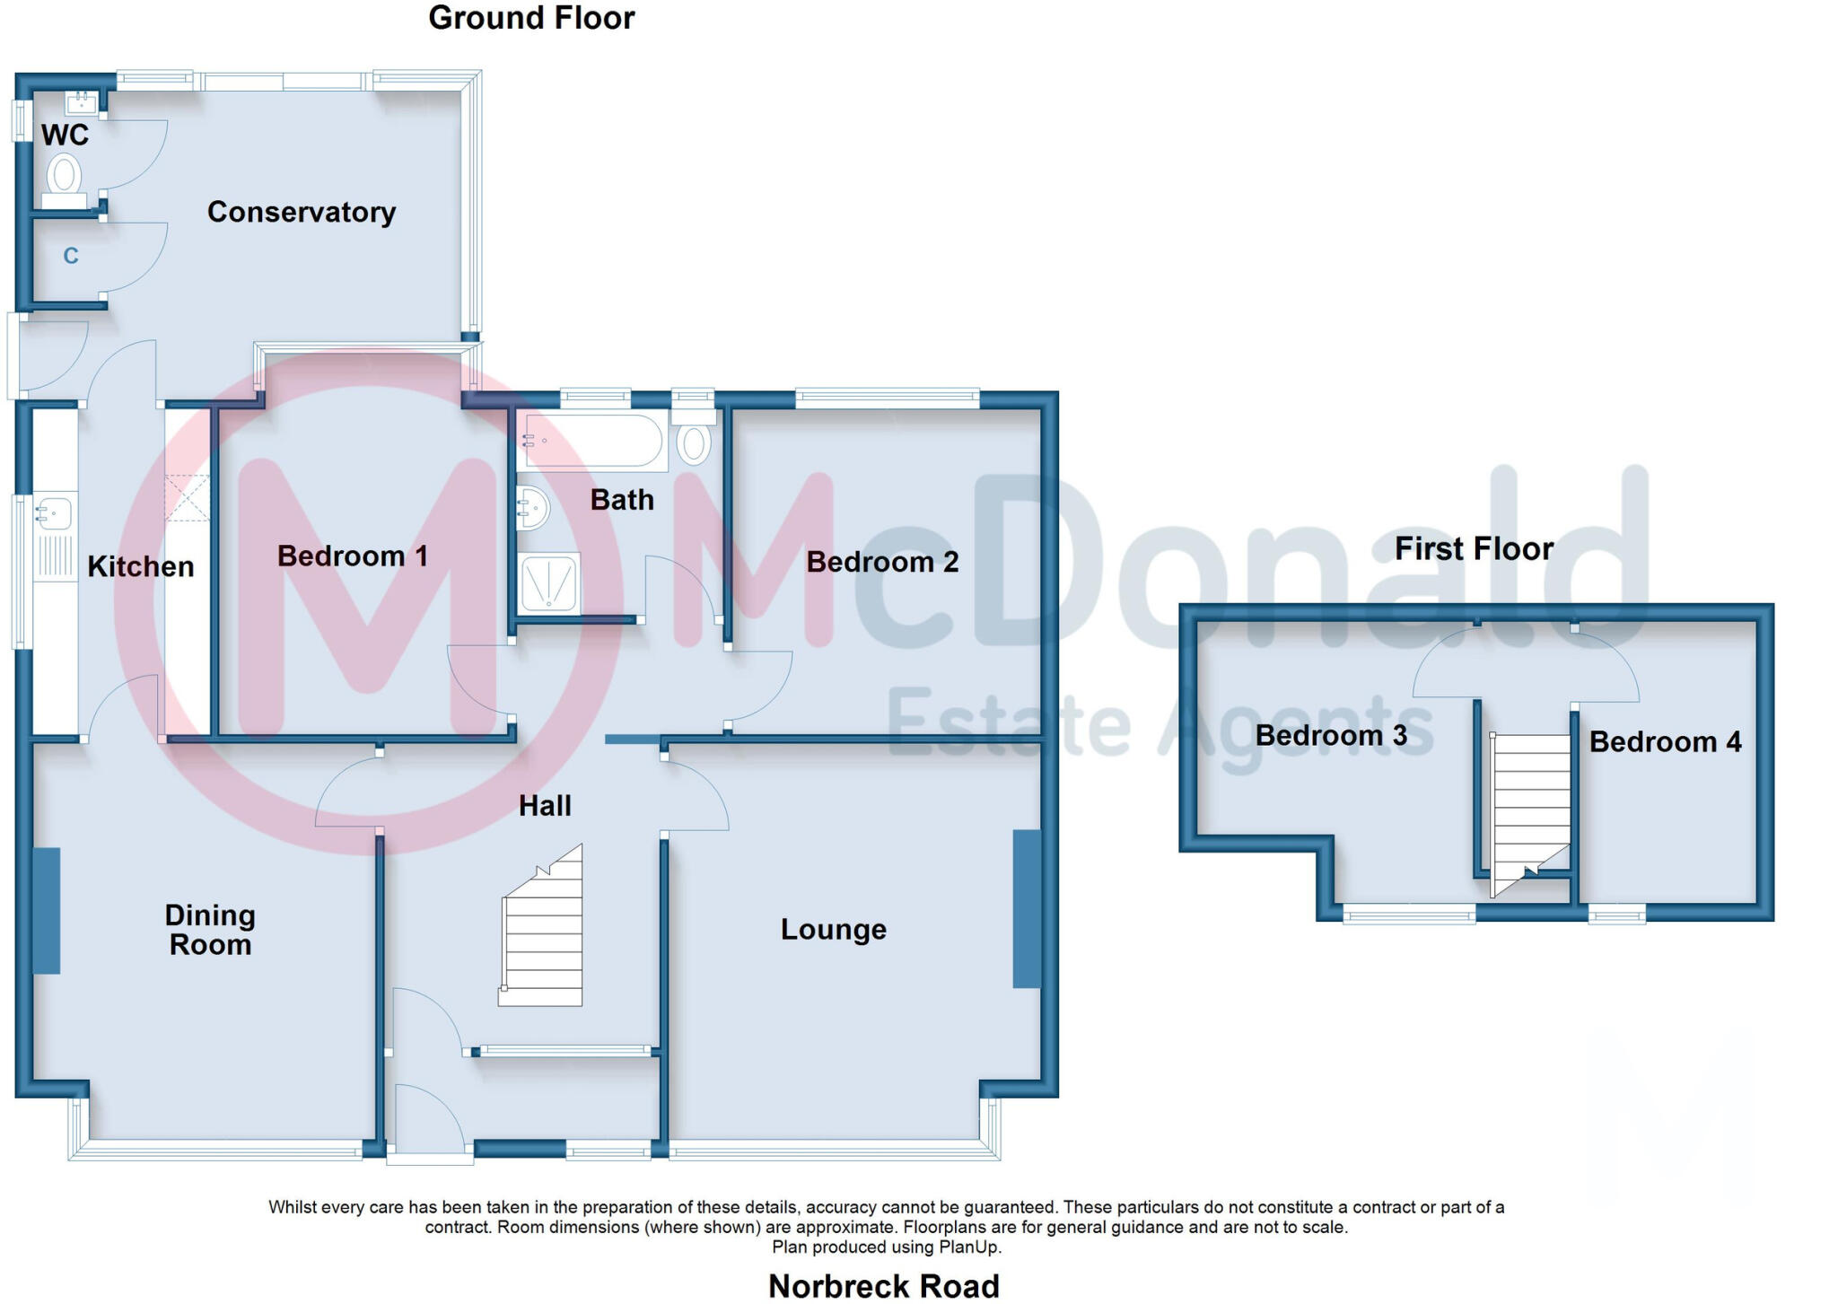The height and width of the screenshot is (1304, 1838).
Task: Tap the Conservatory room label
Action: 301,212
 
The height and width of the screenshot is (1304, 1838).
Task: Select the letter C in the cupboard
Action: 71,257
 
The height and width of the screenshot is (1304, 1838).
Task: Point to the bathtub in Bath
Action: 593,441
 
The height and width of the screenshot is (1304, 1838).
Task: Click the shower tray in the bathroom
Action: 548,584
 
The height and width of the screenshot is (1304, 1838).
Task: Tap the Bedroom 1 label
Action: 352,556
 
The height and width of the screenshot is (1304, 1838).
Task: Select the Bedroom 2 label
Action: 881,562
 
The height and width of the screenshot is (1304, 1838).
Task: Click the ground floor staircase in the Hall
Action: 543,933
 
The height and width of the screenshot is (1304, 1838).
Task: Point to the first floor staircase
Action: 1530,808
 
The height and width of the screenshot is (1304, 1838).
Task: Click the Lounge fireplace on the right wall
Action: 1027,908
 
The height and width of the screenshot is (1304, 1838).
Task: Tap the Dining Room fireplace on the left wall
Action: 47,910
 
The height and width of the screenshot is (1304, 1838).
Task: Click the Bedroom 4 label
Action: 1665,742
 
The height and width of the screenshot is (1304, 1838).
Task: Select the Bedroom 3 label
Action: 1330,736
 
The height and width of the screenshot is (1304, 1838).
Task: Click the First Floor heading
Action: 1473,548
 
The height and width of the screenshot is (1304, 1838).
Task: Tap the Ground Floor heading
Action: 531,18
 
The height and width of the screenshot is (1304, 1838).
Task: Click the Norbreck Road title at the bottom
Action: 883,1286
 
